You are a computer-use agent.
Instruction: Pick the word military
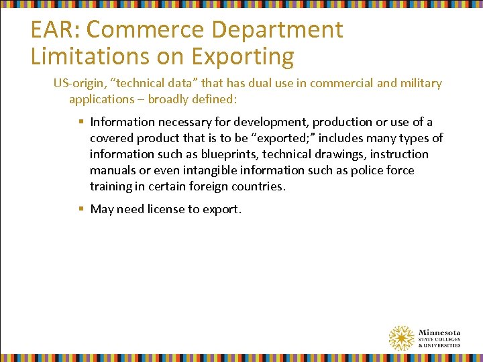(420, 83)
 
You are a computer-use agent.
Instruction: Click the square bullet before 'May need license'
(80, 209)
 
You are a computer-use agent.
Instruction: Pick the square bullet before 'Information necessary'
(80, 122)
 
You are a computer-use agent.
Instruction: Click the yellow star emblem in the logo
(401, 338)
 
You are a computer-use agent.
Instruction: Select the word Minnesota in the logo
(439, 332)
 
